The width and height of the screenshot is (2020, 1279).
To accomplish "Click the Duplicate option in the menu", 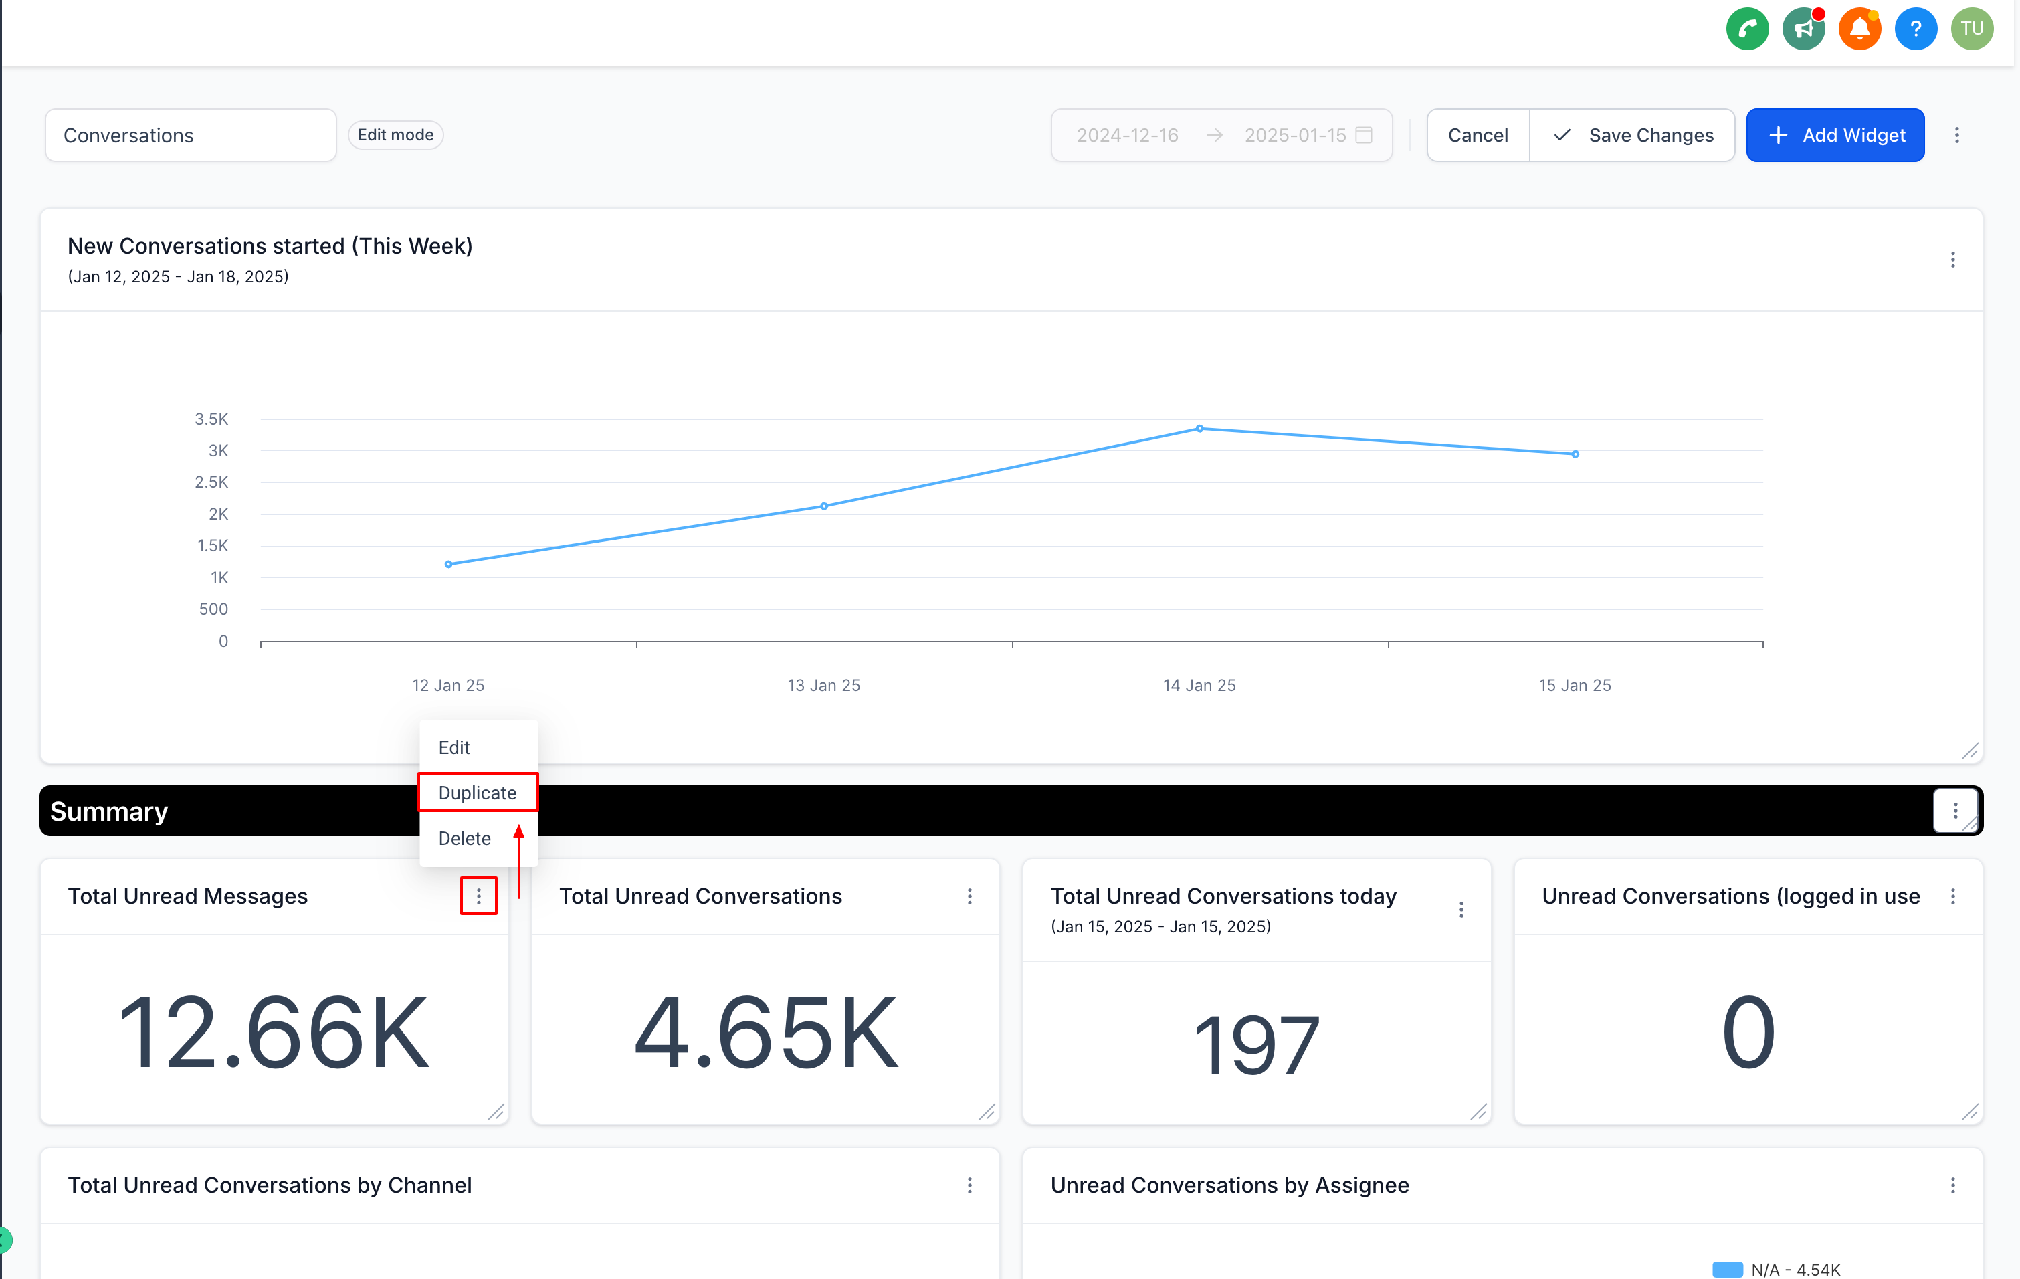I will pyautogui.click(x=478, y=793).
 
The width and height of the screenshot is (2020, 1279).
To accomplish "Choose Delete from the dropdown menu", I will pyautogui.click(x=464, y=838).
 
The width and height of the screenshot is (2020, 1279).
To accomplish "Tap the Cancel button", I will pyautogui.click(x=1478, y=135).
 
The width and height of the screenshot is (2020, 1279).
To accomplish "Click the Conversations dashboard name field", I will pyautogui.click(x=191, y=135).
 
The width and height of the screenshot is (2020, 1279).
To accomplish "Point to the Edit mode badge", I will pyautogui.click(x=395, y=135).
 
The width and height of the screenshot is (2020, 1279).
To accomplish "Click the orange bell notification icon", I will pyautogui.click(x=1859, y=29).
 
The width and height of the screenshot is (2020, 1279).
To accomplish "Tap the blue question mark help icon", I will pyautogui.click(x=1915, y=29).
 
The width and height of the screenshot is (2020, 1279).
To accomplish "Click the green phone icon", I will pyautogui.click(x=1747, y=29).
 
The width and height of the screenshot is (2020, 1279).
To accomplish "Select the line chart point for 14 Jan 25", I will pyautogui.click(x=1199, y=429).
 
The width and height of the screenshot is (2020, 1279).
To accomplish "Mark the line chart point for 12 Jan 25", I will pyautogui.click(x=449, y=565).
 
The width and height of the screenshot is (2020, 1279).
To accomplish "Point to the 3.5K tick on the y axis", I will pyautogui.click(x=211, y=419).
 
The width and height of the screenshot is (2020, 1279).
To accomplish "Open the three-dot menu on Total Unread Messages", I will pyautogui.click(x=478, y=896).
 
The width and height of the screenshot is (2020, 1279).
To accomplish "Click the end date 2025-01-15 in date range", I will pyautogui.click(x=1294, y=135).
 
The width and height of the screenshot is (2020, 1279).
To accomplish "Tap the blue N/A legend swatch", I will pyautogui.click(x=1726, y=1269).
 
